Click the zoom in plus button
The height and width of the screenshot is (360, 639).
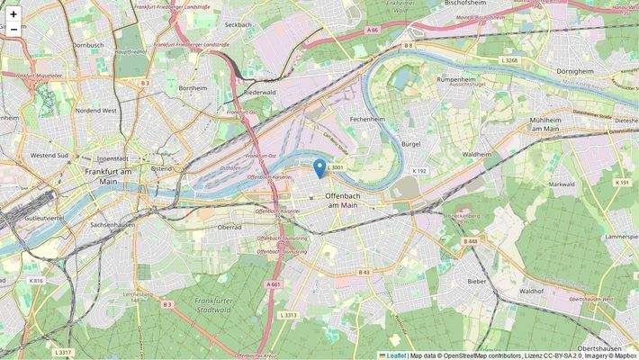point(13,13)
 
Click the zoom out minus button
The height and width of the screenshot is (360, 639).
point(13,30)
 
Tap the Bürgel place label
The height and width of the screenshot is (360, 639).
point(410,143)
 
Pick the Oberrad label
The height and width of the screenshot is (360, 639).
point(230,226)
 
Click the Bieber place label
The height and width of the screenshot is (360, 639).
point(477,281)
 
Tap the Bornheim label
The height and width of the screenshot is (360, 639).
point(193,88)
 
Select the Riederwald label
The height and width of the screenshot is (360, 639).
point(259,92)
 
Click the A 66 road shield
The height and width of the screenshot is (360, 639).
point(373,31)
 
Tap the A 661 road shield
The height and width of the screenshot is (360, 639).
point(274,283)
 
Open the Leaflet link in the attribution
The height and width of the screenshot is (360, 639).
point(395,355)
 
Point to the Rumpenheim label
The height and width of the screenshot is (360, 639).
point(455,79)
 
